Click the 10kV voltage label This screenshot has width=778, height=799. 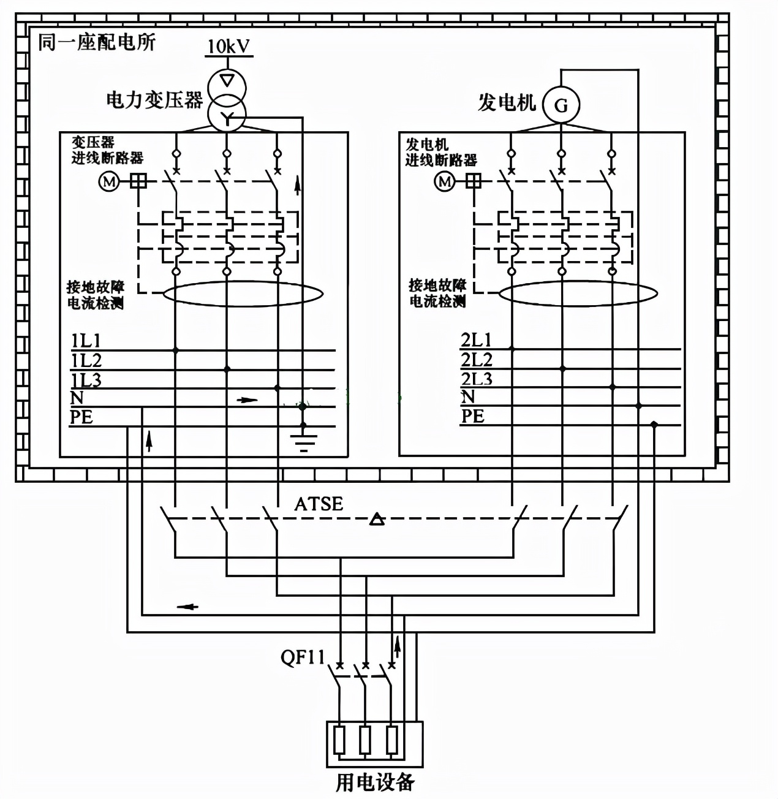[229, 47]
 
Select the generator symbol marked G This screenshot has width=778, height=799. [561, 105]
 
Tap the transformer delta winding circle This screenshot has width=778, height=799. [227, 81]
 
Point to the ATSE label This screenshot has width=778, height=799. [319, 504]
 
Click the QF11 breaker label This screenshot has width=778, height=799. [303, 657]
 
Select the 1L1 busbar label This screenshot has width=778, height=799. [86, 341]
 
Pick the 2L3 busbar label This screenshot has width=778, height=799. [477, 379]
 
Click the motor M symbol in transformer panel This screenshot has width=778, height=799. [109, 181]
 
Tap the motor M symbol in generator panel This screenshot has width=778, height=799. [445, 181]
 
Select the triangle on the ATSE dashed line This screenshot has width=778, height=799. [377, 520]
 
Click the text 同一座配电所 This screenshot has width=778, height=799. [96, 42]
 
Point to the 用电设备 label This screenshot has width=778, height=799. [375, 782]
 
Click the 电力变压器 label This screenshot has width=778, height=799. [154, 100]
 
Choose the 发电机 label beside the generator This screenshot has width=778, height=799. [507, 102]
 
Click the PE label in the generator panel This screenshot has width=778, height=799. [472, 416]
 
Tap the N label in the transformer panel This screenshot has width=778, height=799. [77, 398]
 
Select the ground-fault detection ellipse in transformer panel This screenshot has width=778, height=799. [243, 294]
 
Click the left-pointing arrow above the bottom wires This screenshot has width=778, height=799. [187, 607]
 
